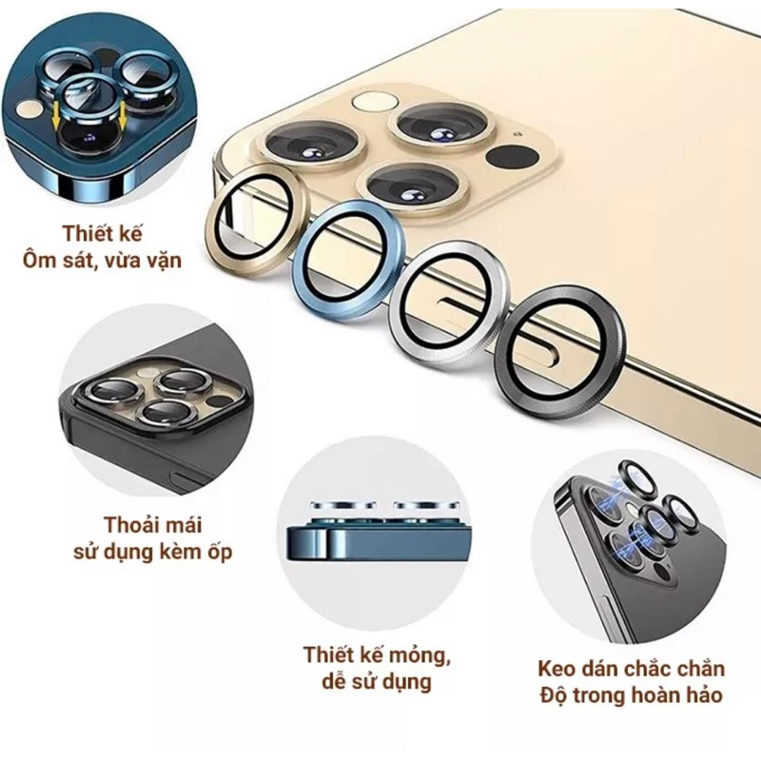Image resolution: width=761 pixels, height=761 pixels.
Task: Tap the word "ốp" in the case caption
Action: coord(220,552)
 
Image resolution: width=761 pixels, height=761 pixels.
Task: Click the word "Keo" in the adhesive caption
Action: coord(556,669)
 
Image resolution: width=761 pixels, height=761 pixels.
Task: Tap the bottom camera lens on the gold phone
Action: coord(412,185)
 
